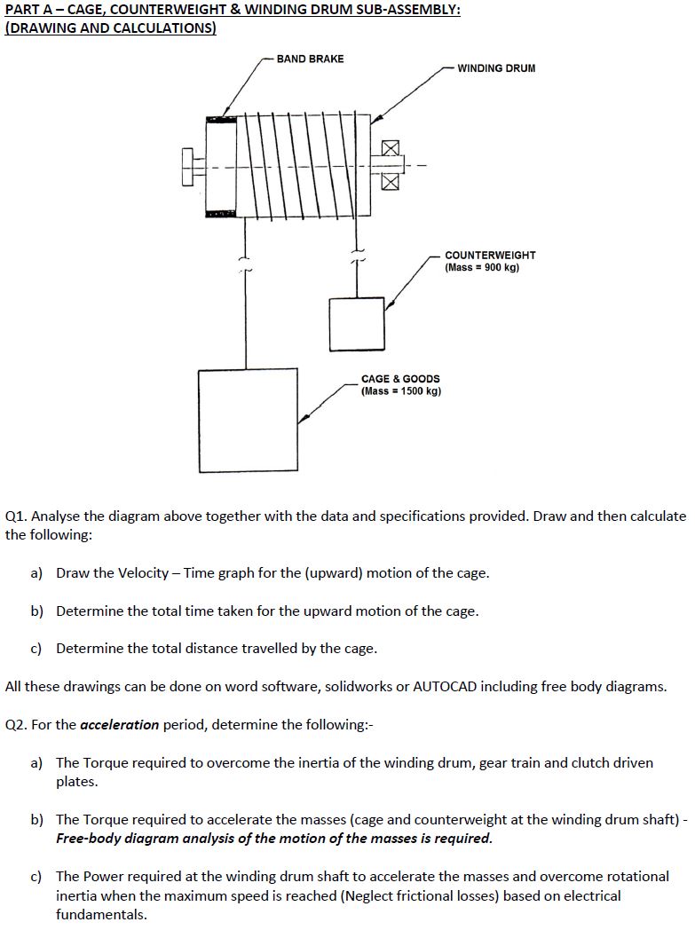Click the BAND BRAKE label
(310, 59)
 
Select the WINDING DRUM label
(496, 68)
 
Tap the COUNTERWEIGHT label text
(490, 256)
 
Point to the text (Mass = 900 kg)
(482, 268)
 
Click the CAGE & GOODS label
(400, 379)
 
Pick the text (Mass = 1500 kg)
(400, 391)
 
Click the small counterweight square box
(357, 324)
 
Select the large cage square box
(248, 420)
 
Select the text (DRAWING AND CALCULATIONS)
(110, 28)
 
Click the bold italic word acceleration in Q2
(119, 725)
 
